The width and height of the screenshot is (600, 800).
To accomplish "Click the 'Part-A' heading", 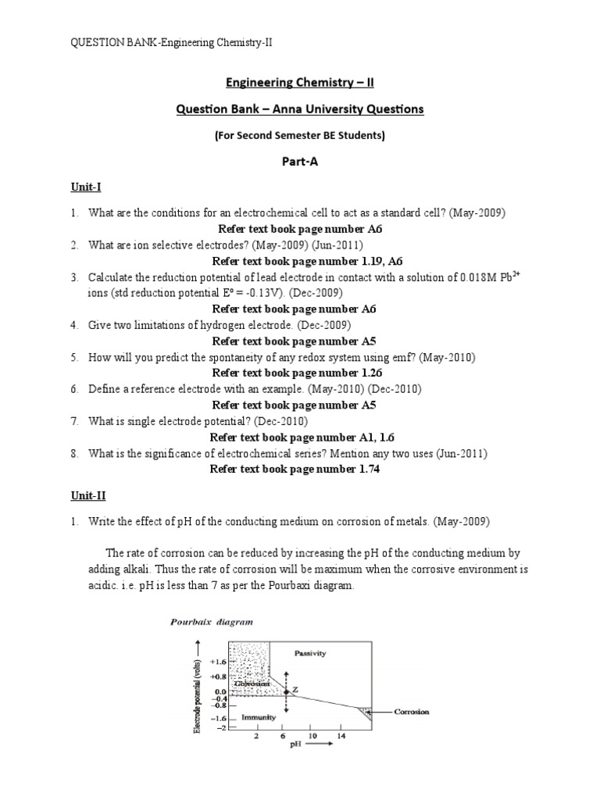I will point(300,161).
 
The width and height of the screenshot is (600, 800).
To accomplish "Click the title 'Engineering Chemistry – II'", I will point(300,82).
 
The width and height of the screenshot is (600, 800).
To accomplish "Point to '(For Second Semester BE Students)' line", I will point(300,135).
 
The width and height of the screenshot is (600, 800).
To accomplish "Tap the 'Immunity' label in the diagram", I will point(256,715).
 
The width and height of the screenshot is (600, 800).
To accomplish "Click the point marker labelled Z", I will point(287,691).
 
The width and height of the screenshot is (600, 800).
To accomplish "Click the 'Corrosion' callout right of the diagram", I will point(411,712).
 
